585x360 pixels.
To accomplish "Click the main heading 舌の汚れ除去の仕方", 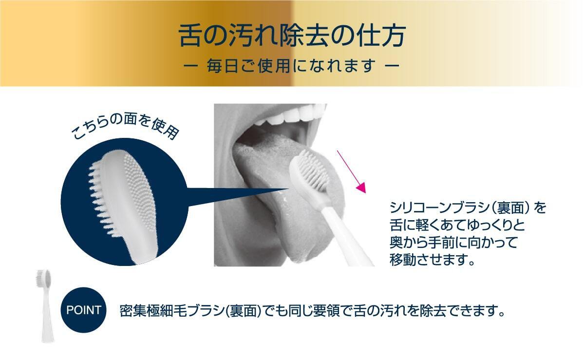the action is click(292, 36).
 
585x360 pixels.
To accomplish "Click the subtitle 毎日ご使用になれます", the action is click(291, 66).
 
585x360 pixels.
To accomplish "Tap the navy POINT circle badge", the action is click(84, 310).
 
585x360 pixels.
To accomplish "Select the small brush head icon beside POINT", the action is click(45, 305).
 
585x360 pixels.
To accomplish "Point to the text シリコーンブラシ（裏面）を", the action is click(468, 208).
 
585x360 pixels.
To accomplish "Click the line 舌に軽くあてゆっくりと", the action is click(457, 225).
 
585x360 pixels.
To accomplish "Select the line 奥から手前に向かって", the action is click(453, 242).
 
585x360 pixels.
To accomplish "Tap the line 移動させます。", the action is click(432, 259).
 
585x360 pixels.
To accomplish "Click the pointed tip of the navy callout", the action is click(289, 189).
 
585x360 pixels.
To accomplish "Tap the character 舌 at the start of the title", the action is click(189, 36).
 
